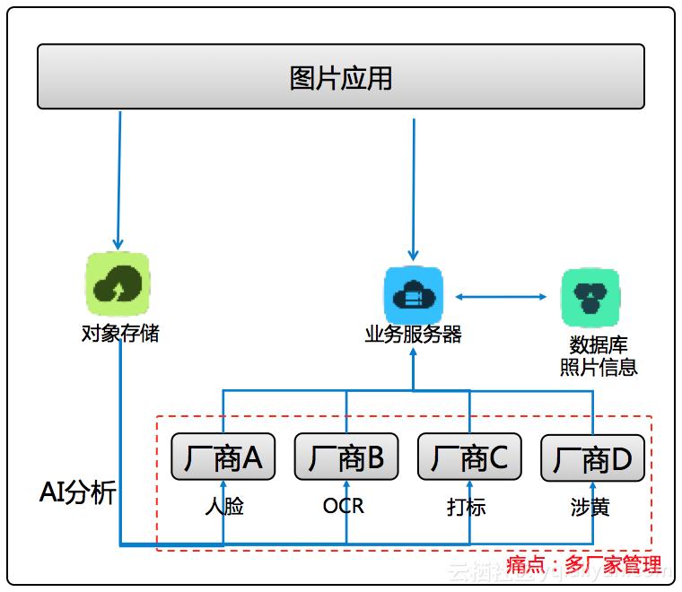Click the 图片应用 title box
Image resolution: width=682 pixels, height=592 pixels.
point(341,77)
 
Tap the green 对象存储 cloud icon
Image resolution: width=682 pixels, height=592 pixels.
point(118,283)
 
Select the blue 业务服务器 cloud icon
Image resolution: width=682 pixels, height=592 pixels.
point(413,295)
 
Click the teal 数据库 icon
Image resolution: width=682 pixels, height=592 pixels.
point(590,297)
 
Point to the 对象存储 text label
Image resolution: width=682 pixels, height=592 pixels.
point(120,335)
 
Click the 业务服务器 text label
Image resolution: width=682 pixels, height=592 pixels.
point(413,335)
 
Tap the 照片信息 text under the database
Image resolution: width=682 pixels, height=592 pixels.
point(599,367)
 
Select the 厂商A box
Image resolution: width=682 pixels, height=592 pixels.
point(223,458)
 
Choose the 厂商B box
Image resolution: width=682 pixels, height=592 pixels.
point(346,458)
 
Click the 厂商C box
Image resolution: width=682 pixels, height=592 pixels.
point(469,458)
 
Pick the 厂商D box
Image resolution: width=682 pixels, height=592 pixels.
point(592,459)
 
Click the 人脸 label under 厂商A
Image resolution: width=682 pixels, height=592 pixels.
point(223,507)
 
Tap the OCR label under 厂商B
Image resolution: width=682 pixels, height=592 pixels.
point(344,507)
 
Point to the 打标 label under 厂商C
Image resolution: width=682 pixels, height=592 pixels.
point(467,507)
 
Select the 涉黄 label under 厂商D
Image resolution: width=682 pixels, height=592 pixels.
point(590,507)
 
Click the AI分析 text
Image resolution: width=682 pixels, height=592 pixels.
point(78,492)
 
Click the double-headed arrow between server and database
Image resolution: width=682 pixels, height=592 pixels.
point(501,296)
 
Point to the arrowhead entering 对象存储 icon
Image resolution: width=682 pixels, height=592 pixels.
point(117,244)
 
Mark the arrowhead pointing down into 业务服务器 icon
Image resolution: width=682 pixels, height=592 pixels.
point(413,256)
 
